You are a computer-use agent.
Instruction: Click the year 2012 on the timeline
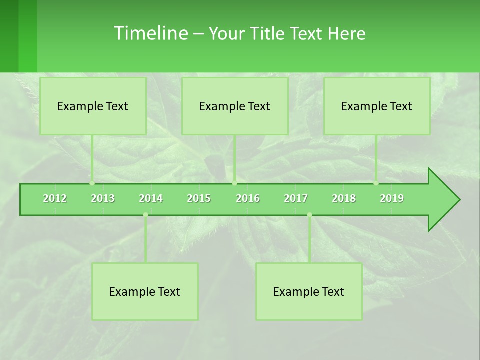(55, 198)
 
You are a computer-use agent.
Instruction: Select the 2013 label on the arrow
(103, 198)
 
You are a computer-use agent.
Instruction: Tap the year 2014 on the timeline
(151, 198)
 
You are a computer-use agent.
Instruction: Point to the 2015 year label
(199, 198)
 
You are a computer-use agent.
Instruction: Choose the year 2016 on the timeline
(248, 198)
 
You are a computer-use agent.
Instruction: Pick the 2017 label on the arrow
(296, 198)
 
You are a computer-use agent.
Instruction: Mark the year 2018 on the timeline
(344, 198)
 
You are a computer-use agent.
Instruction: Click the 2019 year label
(392, 198)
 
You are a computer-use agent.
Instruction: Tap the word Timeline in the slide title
(150, 33)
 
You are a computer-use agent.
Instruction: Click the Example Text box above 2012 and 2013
(93, 106)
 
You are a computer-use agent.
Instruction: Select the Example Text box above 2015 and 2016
(235, 106)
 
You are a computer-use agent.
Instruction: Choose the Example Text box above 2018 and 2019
(377, 106)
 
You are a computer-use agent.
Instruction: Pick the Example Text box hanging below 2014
(145, 291)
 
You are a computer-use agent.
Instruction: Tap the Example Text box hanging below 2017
(309, 291)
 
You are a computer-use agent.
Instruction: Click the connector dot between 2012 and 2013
(92, 183)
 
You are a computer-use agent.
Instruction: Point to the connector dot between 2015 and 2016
(234, 183)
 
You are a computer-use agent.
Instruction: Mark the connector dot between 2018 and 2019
(376, 183)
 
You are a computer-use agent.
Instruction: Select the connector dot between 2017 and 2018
(309, 215)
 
